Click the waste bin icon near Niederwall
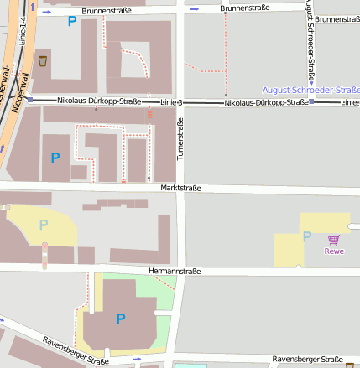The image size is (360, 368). coord(42,61)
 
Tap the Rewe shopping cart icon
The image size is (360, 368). coord(334,240)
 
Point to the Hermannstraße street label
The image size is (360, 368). coord(174,272)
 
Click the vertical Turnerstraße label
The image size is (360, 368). coord(179,139)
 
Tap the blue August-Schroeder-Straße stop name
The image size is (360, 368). coord(310,89)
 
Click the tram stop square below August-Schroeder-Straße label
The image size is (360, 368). coord(311,101)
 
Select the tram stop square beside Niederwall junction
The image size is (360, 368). coord(30,101)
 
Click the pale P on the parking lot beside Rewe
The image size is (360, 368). coord(307,237)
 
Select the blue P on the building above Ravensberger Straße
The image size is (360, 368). coord(121,318)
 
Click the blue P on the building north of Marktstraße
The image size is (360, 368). coord(55,157)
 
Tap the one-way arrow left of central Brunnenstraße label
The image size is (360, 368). coord(196,9)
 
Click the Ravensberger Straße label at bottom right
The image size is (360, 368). coord(307,359)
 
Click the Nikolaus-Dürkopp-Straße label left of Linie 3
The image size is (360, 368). coord(99,101)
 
